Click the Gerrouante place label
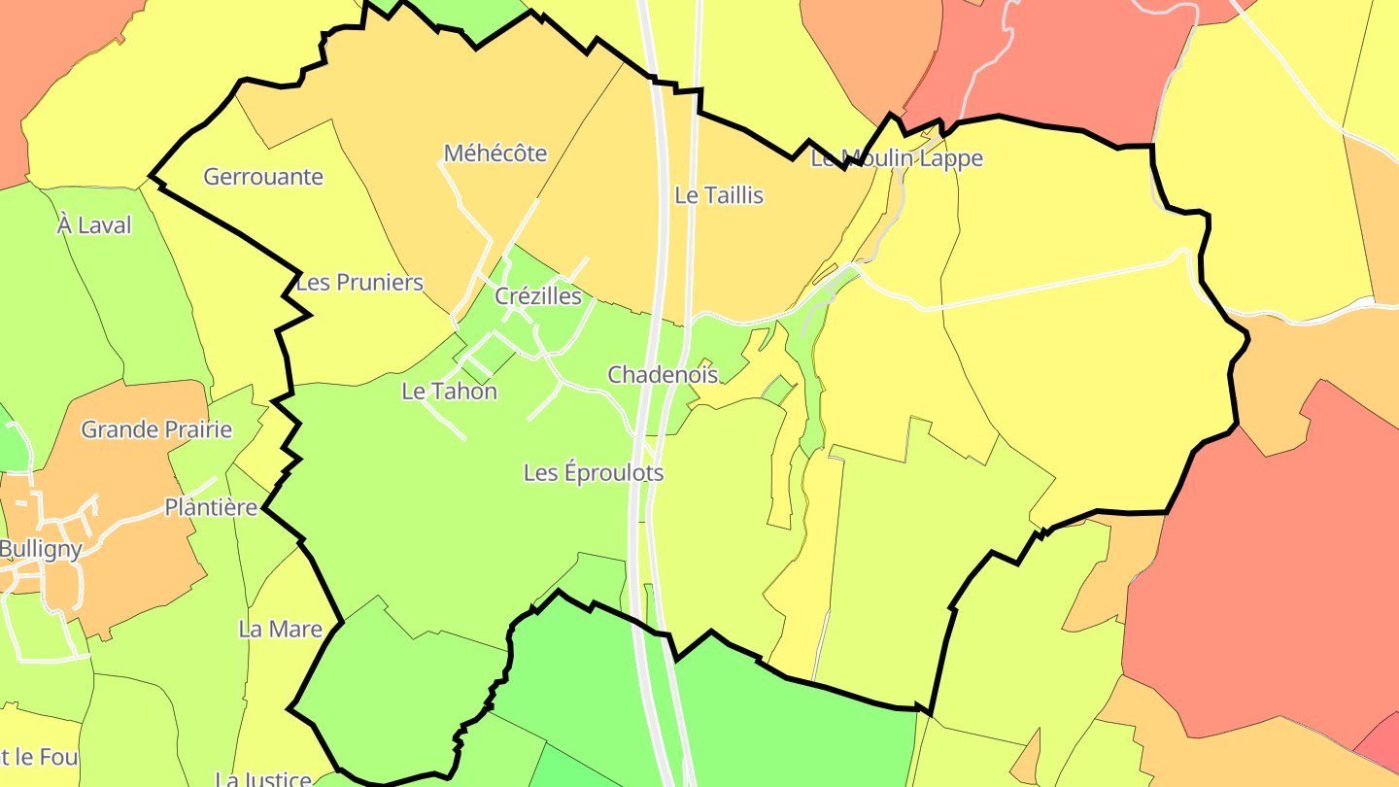coord(263,177)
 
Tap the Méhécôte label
coord(495,154)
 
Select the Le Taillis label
coord(719,195)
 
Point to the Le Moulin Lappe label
coord(897,158)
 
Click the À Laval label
coord(94,225)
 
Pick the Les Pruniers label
coord(359,283)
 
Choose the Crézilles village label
coord(538,296)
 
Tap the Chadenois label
coord(663,374)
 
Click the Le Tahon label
coord(449,392)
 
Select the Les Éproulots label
coord(594,473)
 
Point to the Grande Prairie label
coord(156,429)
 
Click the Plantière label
coord(211,507)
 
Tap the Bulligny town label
coord(41,548)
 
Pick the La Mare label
coord(280,630)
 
